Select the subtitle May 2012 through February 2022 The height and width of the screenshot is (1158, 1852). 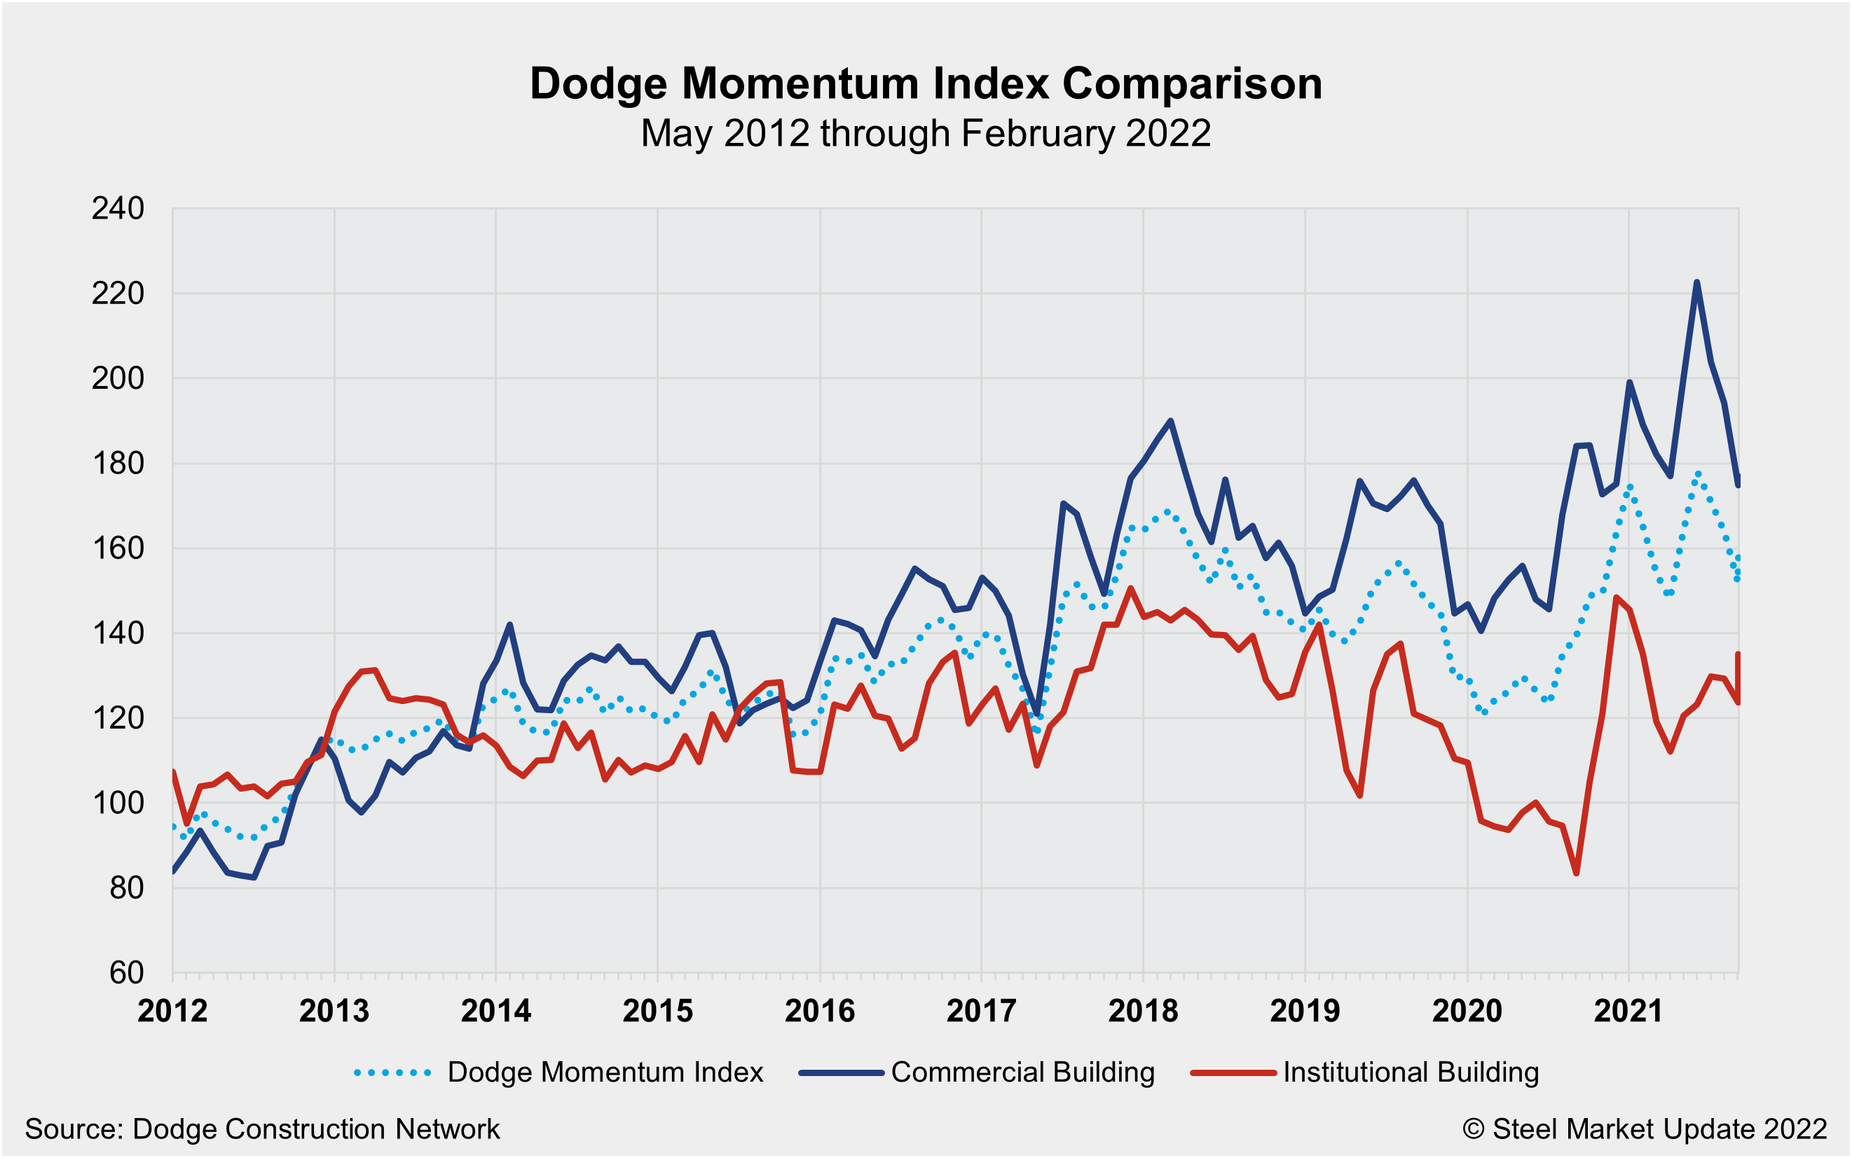pos(925,133)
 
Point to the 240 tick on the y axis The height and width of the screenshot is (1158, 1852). pos(117,208)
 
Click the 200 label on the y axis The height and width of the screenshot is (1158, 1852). pos(117,378)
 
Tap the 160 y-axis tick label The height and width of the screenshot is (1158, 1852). pos(117,549)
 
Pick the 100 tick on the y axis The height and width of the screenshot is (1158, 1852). pos(117,803)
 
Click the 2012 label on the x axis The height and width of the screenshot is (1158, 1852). pos(172,1011)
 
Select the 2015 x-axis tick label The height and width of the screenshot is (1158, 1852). pos(657,1011)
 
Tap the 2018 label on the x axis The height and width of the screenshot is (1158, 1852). pos(1143,1011)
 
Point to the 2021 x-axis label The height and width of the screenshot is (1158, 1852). pos(1628,1011)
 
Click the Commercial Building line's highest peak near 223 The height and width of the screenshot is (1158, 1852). pos(1696,282)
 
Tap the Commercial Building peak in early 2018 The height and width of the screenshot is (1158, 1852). pos(1170,420)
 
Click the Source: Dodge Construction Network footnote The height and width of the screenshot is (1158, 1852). pos(262,1129)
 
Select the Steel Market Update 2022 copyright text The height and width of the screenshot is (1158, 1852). pos(1645,1129)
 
